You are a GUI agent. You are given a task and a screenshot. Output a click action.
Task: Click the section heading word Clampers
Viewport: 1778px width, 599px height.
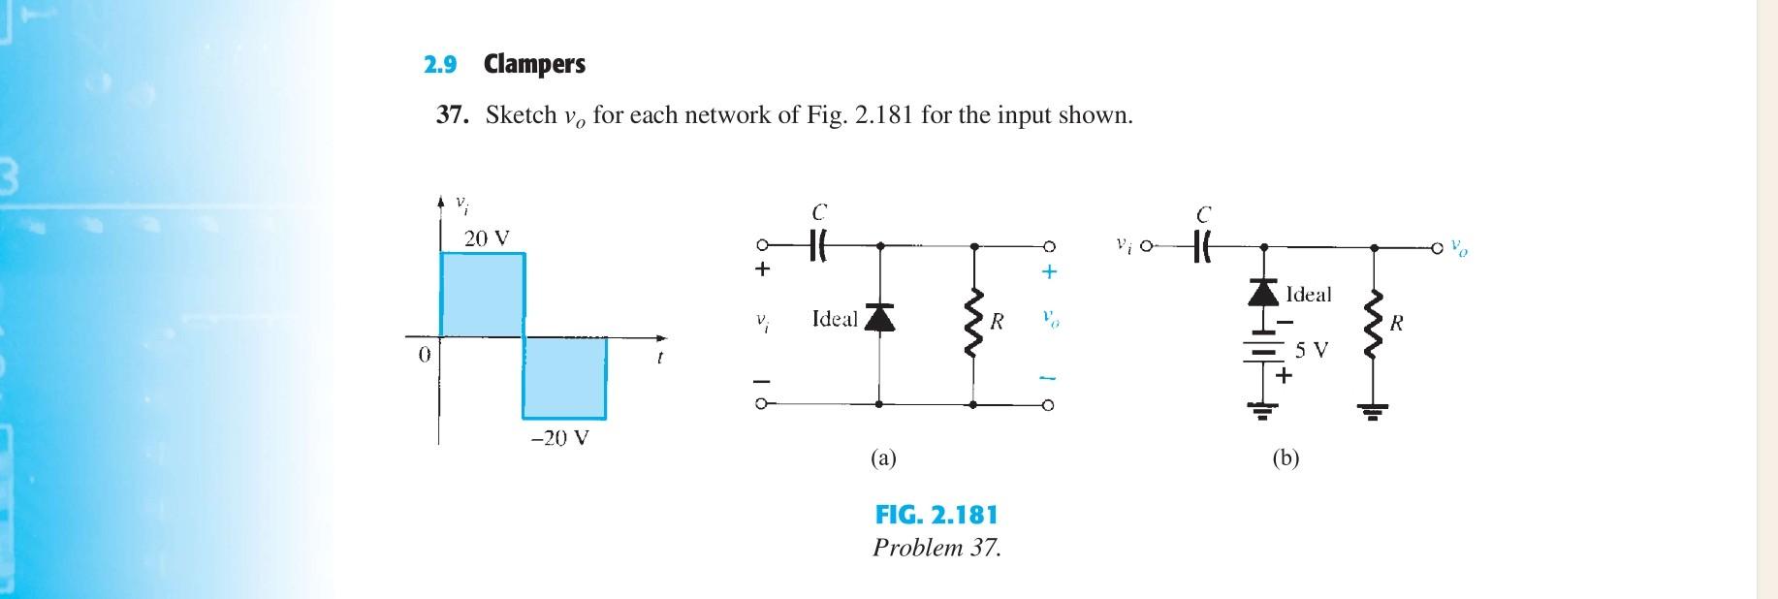click(534, 65)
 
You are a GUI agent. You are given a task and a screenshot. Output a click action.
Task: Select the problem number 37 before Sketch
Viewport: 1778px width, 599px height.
click(452, 115)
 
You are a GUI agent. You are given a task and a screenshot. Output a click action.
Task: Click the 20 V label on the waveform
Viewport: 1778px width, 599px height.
click(486, 237)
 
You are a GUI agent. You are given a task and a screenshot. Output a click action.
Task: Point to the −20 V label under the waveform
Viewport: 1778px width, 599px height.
click(559, 437)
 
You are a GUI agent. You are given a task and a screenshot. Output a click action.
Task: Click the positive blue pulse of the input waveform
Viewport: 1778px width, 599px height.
click(483, 295)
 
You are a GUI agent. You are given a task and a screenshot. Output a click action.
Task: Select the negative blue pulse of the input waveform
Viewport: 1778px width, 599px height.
click(564, 378)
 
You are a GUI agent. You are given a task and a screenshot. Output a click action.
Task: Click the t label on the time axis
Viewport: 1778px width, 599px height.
click(659, 357)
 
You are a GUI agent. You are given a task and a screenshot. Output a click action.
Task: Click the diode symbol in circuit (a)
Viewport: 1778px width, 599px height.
click(879, 317)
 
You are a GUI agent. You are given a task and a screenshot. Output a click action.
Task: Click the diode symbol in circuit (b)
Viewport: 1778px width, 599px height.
click(1262, 292)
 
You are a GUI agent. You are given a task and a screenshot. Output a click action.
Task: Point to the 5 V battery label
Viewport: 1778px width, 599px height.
click(1312, 349)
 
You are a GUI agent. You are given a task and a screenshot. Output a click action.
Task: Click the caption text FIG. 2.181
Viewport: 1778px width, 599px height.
click(936, 515)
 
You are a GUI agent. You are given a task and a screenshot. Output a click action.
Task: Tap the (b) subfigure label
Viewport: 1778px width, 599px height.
click(1286, 457)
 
